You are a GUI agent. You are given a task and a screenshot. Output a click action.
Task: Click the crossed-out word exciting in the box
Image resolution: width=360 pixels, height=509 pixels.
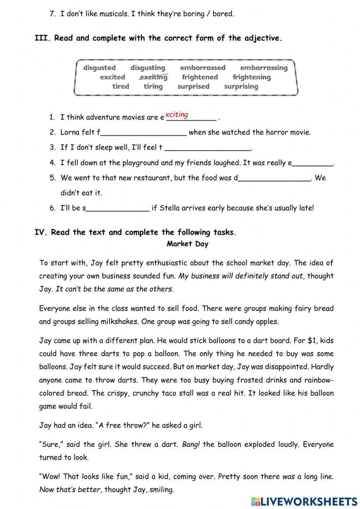(153, 77)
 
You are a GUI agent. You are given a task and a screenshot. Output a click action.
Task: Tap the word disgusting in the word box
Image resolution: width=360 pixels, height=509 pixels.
(148, 68)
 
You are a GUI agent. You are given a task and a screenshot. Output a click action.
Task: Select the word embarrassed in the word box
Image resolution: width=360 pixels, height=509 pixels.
(203, 68)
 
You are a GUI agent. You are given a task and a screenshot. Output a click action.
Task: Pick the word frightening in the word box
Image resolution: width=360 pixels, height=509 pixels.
(252, 77)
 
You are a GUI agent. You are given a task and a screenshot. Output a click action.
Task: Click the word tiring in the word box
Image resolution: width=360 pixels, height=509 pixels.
(153, 86)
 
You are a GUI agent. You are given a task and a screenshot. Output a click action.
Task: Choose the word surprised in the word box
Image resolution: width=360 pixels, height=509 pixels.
(193, 86)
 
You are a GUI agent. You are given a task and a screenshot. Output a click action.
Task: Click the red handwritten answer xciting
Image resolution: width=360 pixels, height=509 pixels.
(176, 115)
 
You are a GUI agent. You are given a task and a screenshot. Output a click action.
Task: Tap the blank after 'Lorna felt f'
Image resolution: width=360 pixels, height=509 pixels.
(144, 133)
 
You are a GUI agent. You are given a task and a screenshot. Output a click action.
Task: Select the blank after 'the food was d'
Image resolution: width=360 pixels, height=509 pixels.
(274, 178)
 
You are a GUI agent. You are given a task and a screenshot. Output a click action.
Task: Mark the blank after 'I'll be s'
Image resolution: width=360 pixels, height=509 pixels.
(118, 208)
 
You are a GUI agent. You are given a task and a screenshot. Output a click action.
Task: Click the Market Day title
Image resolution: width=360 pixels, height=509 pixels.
(188, 244)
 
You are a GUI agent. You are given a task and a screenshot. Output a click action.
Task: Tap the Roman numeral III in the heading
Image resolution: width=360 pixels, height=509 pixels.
(42, 38)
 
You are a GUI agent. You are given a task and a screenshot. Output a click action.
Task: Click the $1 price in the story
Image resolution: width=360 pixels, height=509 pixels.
(312, 340)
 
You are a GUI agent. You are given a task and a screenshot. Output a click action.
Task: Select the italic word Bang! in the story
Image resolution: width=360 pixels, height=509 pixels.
(191, 444)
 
